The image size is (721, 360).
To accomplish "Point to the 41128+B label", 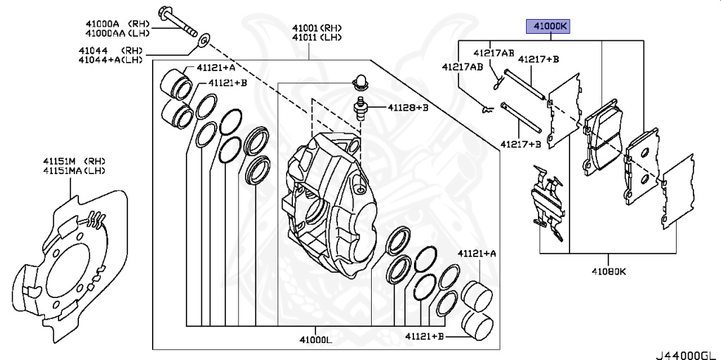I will pos(408,108).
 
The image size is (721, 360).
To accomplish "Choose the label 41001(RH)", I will pos(318,28).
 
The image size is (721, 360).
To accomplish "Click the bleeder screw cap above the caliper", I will pos(361,82).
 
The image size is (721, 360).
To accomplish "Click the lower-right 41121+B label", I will pos(425,337).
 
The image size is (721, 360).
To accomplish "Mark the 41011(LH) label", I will pos(318,38).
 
